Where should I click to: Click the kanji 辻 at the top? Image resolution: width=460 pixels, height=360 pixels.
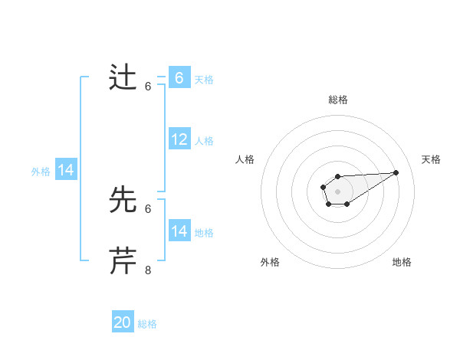point(123,78)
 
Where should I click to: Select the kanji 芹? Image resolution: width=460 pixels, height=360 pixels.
point(123,261)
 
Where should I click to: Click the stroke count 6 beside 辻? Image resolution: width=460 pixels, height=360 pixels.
point(148,87)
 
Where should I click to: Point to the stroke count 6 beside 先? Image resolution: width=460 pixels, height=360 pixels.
point(148,208)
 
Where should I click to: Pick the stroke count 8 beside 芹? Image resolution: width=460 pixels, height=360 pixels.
point(148,270)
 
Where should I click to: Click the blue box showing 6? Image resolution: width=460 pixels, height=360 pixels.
point(179,78)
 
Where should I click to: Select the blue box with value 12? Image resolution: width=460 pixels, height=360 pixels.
point(179,139)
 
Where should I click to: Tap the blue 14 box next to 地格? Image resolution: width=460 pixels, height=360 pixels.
point(179,231)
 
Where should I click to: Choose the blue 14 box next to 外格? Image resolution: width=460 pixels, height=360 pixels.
point(66,170)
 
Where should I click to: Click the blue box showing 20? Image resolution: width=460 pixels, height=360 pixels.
point(123,322)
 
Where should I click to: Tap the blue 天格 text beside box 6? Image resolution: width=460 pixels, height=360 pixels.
point(204,79)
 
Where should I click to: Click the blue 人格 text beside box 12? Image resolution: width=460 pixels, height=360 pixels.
point(204,141)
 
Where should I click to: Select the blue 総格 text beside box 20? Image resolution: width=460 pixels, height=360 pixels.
point(147,324)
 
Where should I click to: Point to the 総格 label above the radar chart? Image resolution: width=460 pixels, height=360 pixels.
point(337,100)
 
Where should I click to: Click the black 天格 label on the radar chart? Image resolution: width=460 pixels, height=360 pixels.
point(431,159)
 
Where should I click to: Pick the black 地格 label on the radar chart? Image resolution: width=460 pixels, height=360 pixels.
point(402,263)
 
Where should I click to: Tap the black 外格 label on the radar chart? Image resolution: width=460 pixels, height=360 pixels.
point(270,263)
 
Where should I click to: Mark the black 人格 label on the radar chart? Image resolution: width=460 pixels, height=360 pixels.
point(245,159)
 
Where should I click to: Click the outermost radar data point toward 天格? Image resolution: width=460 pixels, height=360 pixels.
point(396,172)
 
